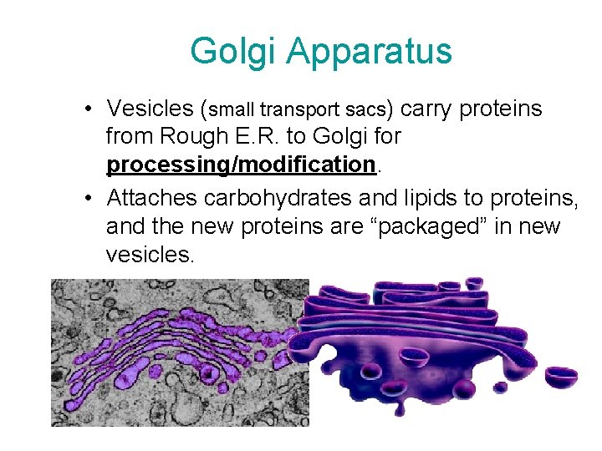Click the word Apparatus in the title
pyautogui.click(x=369, y=52)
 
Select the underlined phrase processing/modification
pyautogui.click(x=240, y=165)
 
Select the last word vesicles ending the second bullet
pyautogui.click(x=150, y=254)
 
